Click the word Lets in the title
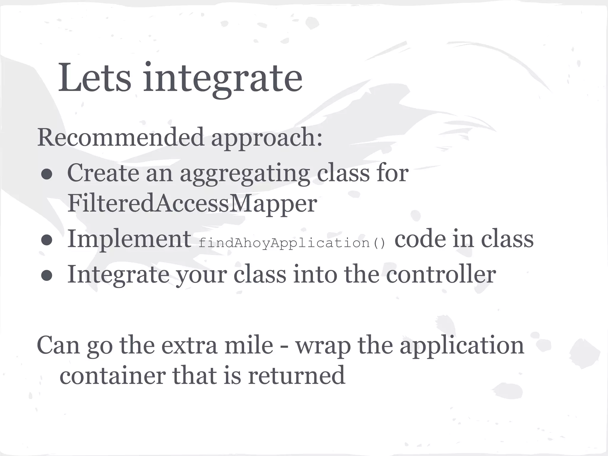pos(94,78)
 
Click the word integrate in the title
pos(223,78)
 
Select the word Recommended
pos(121,137)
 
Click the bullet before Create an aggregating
pos(47,175)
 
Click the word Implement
pos(129,239)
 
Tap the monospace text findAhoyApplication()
pos(292,243)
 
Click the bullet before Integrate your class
pos(47,276)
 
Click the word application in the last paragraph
pos(462,346)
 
